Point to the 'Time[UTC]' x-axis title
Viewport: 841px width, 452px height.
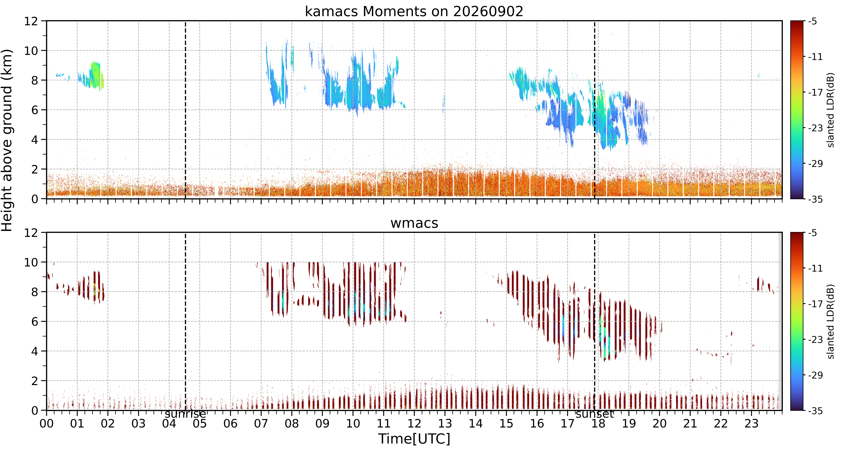pos(414,439)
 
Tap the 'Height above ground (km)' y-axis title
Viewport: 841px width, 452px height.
pos(7,140)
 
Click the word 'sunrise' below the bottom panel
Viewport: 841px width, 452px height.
pos(185,414)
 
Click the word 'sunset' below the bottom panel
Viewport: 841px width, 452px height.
pos(595,414)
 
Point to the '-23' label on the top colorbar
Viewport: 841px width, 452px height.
pos(815,128)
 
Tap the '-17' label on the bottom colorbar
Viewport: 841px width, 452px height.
pos(815,304)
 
